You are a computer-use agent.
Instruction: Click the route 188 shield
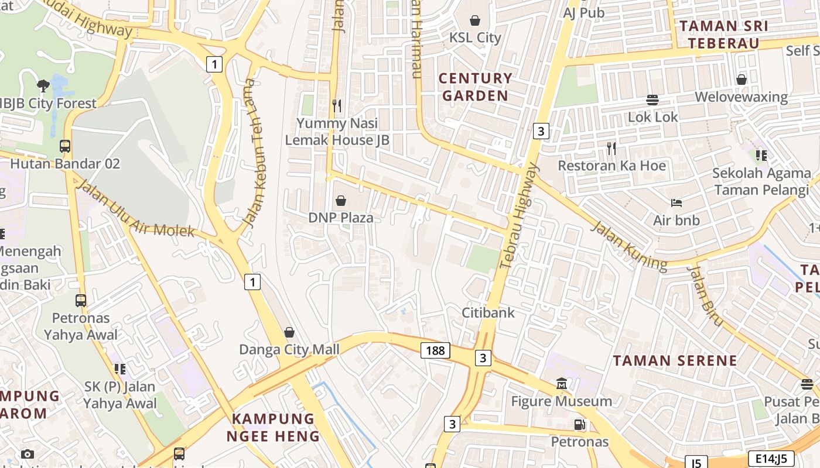[x=435, y=350]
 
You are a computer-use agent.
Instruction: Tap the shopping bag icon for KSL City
[x=475, y=20]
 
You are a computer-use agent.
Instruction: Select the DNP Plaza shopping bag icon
[x=341, y=201]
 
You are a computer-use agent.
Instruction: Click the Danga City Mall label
[x=289, y=349]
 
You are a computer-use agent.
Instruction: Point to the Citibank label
[x=488, y=312]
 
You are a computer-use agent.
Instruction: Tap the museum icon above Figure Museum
[x=562, y=384]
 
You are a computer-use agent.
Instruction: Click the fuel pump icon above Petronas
[x=579, y=425]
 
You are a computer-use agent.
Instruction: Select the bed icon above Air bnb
[x=676, y=203]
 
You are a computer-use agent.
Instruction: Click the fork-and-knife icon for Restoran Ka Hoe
[x=611, y=149]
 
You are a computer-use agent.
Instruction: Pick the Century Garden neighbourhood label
[x=475, y=87]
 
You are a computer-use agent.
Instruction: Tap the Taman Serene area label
[x=675, y=360]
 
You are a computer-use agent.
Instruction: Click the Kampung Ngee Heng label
[x=273, y=427]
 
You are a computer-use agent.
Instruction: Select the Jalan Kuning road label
[x=628, y=246]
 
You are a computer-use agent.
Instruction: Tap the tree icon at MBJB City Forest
[x=43, y=86]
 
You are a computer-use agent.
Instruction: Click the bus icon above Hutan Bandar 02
[x=65, y=146]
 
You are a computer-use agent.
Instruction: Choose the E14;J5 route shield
[x=771, y=459]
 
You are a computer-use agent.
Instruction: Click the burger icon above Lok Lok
[x=652, y=99]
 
